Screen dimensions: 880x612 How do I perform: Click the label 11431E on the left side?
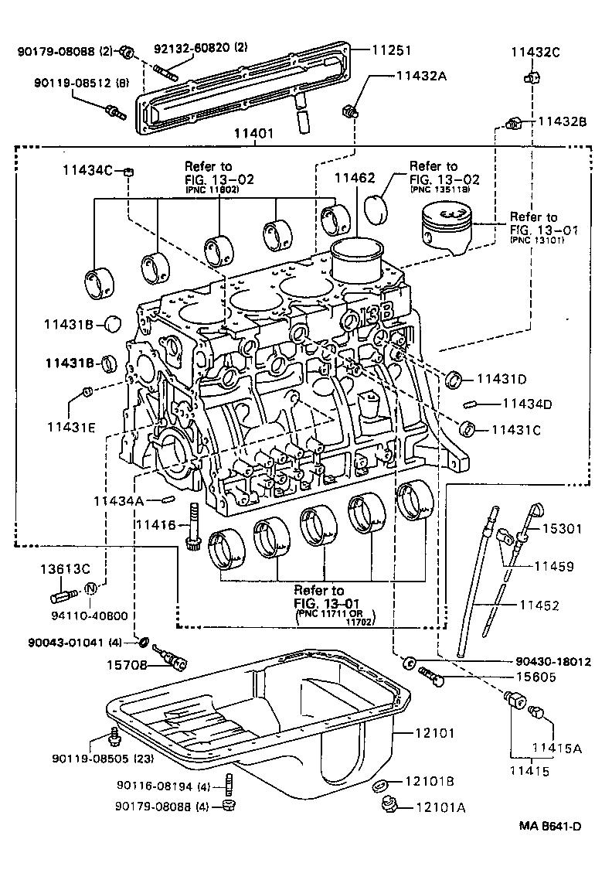click(x=70, y=426)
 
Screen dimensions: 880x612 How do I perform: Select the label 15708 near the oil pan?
click(x=127, y=663)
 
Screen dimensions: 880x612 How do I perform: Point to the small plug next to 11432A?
click(x=351, y=110)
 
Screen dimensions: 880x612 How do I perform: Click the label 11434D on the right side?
click(x=528, y=404)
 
